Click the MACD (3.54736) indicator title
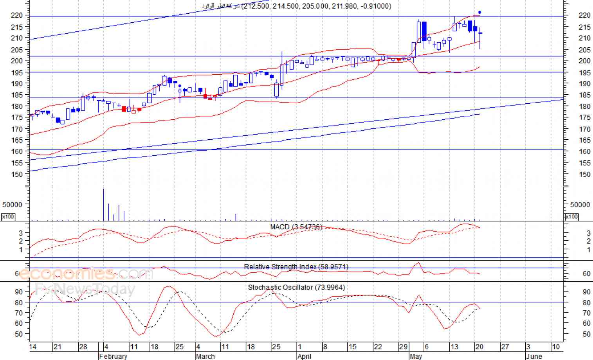[296, 227]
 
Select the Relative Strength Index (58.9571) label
[296, 267]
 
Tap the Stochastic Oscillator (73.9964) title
[296, 288]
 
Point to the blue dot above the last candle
[480, 13]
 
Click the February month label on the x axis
[113, 356]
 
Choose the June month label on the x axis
[534, 356]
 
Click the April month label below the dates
[304, 356]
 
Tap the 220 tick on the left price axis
[17, 15]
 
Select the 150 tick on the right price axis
[584, 175]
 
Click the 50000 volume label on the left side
[13, 205]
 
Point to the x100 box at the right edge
[571, 217]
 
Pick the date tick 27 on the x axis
[505, 347]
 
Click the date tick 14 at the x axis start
[33, 347]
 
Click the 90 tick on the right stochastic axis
[586, 292]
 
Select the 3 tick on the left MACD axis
[21, 233]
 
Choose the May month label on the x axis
[416, 356]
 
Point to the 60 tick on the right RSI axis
[586, 274]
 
